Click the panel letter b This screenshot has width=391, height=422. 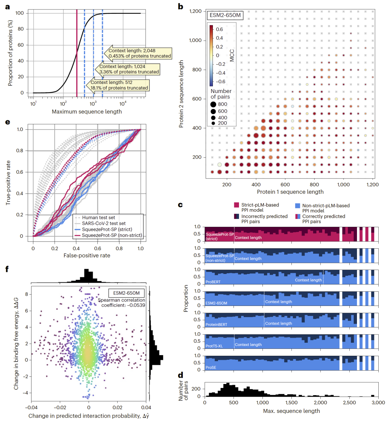coord(181,7)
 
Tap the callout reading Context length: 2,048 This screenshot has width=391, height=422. coord(139,53)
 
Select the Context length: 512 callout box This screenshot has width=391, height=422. coord(119,85)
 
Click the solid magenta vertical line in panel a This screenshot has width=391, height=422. coord(77,54)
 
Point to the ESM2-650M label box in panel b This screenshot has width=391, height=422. coord(225,16)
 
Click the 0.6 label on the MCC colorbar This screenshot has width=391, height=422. coord(219,29)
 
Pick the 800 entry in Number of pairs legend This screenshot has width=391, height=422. coord(222,104)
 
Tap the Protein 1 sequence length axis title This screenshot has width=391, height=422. coord(290,192)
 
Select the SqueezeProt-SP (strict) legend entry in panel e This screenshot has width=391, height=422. coord(107,229)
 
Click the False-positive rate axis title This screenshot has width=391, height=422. coord(87,256)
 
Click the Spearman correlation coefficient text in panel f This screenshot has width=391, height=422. coord(122,303)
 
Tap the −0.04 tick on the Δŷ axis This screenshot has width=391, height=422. coord(31,407)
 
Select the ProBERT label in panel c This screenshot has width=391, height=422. coord(213,282)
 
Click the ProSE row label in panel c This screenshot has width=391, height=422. coord(211,368)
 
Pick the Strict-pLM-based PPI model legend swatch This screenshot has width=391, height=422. coord(236,205)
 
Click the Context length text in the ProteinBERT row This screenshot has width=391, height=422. coord(278,323)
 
